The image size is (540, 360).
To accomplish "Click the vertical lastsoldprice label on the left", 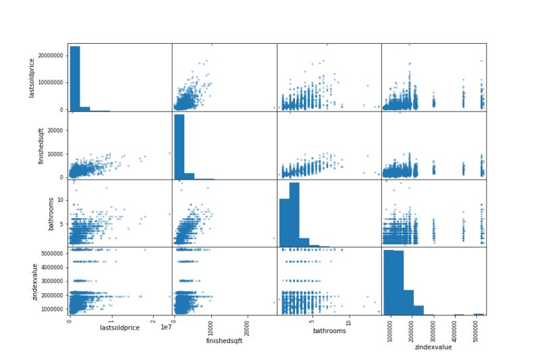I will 32,77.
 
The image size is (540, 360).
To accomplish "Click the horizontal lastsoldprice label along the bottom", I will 119,328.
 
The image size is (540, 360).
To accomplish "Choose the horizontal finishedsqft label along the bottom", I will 224,340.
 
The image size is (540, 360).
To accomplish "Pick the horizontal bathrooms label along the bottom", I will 329,330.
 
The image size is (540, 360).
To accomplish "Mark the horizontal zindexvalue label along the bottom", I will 433,347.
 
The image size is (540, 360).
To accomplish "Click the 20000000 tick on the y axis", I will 51,55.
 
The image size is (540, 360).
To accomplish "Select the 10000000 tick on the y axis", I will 51,82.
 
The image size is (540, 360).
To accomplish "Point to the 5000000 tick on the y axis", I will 53,253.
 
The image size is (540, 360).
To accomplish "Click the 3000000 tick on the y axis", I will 53,281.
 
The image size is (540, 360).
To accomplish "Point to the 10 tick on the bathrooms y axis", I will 61,200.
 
